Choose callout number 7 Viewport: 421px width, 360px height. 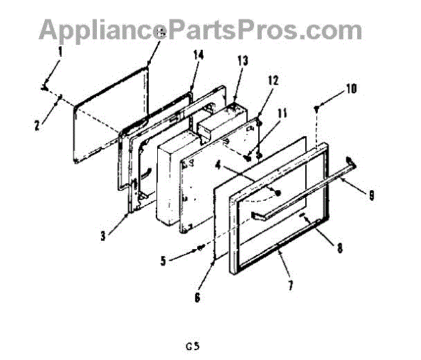(290, 284)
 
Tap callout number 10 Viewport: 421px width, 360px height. (351, 89)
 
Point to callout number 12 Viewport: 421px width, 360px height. (272, 81)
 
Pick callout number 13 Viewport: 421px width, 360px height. (243, 60)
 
